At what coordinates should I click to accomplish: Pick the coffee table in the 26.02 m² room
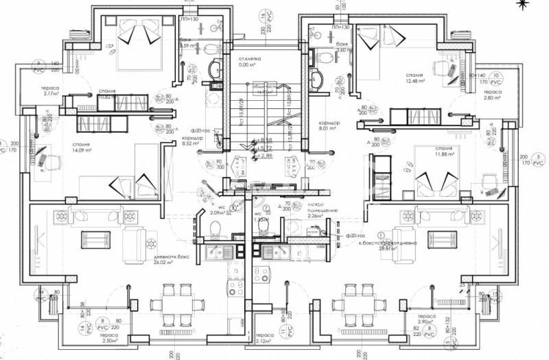[x=95, y=239]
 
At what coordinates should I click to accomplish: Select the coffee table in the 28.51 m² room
[x=442, y=239]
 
